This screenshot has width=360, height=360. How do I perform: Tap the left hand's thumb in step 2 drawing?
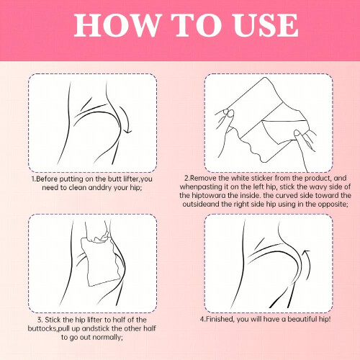pos(226,114)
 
